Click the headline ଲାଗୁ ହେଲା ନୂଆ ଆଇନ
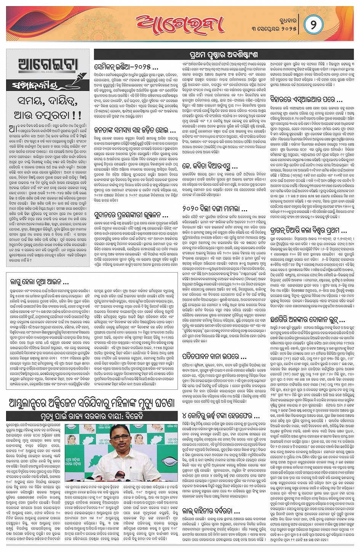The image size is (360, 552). click(x=40, y=282)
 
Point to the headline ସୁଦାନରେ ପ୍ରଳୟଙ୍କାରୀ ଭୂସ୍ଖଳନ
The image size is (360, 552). click(x=131, y=215)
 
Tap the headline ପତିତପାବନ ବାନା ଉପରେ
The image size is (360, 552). click(x=210, y=357)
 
